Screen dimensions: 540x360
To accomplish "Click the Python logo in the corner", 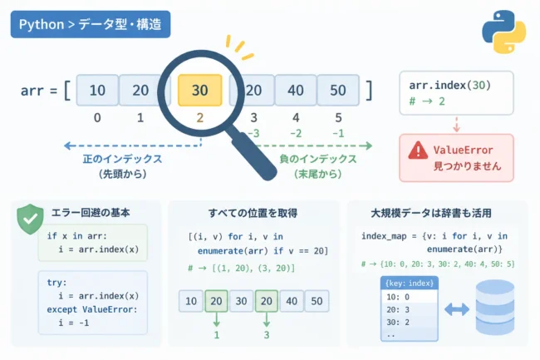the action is coord(503,32).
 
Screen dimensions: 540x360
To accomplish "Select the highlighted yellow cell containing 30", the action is coord(199,91).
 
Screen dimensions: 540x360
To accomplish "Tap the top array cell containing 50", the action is coord(338,91).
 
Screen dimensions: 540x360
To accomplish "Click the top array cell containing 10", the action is coord(97,91).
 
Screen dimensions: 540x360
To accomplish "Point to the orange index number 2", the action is coord(199,118).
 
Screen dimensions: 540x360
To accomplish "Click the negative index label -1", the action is coord(338,133).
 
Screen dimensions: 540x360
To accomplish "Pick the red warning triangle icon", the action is coord(418,150).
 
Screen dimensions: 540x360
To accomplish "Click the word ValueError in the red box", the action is coord(464,150).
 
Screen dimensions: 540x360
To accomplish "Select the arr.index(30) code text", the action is coord(449,85).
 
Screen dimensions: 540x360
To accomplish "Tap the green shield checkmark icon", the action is coord(30,219).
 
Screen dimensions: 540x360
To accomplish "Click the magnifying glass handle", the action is coord(254,155).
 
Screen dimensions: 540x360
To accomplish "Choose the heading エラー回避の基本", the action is coord(91,213).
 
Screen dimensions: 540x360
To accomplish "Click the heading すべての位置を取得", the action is coord(253,213).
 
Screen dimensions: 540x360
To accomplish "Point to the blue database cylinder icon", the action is coord(495,308).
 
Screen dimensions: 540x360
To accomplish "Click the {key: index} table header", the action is coord(410,284).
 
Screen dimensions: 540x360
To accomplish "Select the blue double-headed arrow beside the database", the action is coord(457,309).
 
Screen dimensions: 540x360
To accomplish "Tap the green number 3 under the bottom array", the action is coord(267,335).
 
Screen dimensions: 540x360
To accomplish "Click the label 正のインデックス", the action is coord(123,159).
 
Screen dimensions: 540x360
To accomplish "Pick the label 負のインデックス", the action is coord(318,159).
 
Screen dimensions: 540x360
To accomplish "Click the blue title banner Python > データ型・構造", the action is coord(91,24).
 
